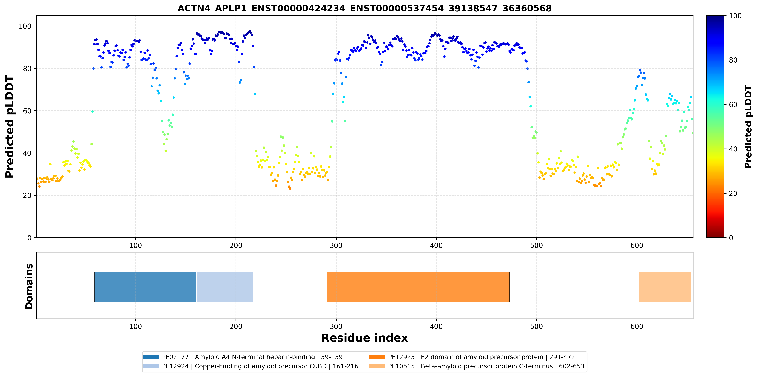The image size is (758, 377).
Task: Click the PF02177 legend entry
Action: point(243,357)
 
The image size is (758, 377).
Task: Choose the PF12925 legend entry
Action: point(472,357)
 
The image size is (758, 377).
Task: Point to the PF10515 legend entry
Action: point(476,366)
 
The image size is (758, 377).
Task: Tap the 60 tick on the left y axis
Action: point(27,111)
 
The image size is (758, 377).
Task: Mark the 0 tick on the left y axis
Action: point(29,238)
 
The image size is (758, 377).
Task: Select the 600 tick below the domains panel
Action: point(637,326)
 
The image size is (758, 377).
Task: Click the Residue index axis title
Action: point(365,338)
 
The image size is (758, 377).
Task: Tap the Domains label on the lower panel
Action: point(29,286)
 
